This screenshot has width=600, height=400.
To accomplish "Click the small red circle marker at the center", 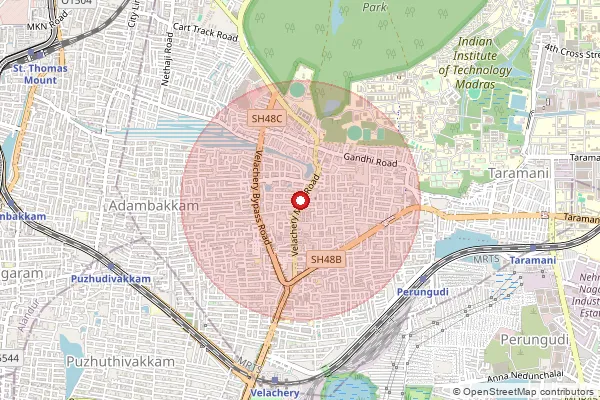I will pos(300,200).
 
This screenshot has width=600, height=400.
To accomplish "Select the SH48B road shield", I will pos(327,259).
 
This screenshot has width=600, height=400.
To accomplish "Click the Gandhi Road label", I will pos(371,161).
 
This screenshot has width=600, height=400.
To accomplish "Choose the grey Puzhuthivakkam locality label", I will pos(117,361).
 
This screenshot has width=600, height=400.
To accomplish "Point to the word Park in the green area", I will pos(375,6).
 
